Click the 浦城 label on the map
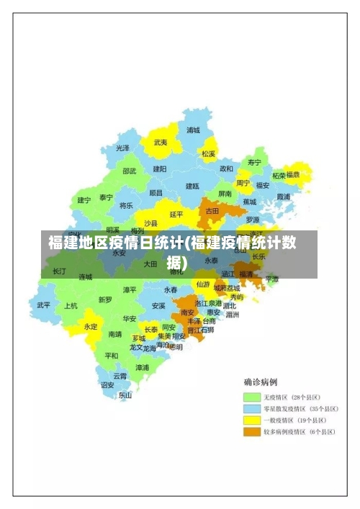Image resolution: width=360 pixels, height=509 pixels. click(193, 130)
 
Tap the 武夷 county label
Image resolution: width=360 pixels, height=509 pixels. click(161, 143)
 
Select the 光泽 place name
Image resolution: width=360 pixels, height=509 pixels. click(123, 148)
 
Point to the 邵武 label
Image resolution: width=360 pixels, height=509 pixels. click(130, 171)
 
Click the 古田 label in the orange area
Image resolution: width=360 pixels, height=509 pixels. click(212, 211)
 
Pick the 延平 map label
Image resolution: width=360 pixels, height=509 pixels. click(177, 214)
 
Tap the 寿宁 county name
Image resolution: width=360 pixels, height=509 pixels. click(254, 162)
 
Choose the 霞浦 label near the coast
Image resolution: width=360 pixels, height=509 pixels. click(283, 196)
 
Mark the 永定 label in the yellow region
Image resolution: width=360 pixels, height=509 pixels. click(91, 326)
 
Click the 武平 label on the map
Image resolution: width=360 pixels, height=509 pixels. click(44, 305)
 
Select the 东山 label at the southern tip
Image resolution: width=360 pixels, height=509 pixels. click(125, 395)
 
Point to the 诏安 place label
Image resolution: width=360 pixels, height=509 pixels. click(107, 384)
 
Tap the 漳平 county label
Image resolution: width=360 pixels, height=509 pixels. click(130, 289)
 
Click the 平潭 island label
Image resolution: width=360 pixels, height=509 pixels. click(271, 279)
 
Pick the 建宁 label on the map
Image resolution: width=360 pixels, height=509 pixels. click(84, 199)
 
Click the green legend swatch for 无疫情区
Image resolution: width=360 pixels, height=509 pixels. click(251, 397)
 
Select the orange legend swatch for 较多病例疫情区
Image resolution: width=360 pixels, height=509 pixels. click(251, 432)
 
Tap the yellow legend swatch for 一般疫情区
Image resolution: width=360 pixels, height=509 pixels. click(251, 420)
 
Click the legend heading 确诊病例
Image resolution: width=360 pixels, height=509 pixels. click(260, 382)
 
